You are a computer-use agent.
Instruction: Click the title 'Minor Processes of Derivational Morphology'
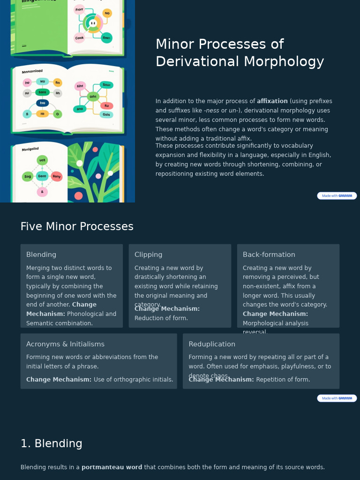tap(240, 52)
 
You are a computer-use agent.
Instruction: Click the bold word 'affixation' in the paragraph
tap(272, 101)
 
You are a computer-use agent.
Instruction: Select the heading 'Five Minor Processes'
tap(77, 226)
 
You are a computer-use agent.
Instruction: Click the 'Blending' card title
tap(41, 255)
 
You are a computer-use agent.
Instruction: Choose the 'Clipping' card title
tap(148, 255)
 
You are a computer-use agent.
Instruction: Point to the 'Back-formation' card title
tap(269, 255)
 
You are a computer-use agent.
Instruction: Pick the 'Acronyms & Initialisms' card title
tap(65, 344)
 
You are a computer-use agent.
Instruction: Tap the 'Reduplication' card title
tap(212, 344)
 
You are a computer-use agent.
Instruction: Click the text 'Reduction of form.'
tap(161, 318)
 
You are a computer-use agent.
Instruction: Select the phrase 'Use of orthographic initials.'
tap(134, 380)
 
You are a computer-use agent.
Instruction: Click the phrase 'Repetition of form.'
tap(283, 380)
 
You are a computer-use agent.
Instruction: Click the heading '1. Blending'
tap(52, 443)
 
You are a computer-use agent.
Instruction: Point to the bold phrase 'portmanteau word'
tap(112, 467)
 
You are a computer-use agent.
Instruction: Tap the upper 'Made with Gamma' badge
tap(337, 196)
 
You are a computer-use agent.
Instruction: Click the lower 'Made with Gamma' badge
tap(337, 398)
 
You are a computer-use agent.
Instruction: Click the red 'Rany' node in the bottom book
tap(57, 177)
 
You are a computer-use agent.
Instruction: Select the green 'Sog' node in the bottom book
tap(28, 177)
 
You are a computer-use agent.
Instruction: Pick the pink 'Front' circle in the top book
tap(79, 9)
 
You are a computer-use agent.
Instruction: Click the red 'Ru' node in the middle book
tap(106, 106)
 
